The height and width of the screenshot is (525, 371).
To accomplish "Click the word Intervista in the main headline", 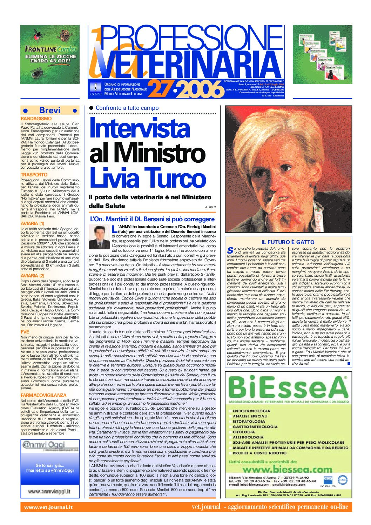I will pos(140,128).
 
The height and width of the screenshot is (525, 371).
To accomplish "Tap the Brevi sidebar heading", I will pos(50,110).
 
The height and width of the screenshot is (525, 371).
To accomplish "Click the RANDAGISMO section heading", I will pos(36,119).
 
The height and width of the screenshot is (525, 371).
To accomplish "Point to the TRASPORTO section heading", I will pos(34,175).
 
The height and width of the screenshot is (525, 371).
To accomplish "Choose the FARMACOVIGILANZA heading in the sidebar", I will pos(43,395).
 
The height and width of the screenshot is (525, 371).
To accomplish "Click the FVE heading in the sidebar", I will pos(25,332).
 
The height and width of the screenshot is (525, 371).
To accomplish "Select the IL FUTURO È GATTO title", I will pos(288,242).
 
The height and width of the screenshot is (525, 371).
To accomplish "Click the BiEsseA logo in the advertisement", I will pos(288,388).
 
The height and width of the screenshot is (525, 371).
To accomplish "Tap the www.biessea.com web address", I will pos(287,469).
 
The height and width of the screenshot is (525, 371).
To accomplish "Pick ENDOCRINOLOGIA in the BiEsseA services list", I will pos(251,411).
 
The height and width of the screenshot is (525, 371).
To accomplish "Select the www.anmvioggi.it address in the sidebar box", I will pos(49,492).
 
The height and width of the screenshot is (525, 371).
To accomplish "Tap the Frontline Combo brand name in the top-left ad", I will pos(50,49).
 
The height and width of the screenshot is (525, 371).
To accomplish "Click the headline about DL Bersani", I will pos(152,219).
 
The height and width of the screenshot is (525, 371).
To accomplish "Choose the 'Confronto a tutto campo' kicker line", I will pos(127,108).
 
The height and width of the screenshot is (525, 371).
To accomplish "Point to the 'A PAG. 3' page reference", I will pos(210,207).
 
